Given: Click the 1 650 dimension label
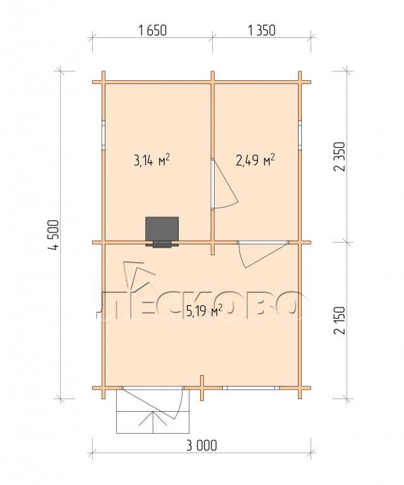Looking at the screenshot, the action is point(153,30).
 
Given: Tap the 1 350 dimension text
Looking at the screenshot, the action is point(261,30).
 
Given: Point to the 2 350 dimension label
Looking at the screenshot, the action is point(339,157).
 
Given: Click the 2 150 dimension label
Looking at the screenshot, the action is point(339,320).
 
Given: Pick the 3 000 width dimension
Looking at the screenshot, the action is point(201,446).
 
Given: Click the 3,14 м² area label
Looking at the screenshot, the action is point(151,160).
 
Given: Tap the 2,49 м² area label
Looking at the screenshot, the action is point(256,160).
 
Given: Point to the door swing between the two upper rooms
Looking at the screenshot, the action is point(225,184).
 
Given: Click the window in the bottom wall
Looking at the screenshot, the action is point(251,388).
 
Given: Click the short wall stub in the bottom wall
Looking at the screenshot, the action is point(201,388).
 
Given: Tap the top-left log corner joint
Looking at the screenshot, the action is point(104,82).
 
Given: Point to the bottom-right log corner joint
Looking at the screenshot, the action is point(299,388).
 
